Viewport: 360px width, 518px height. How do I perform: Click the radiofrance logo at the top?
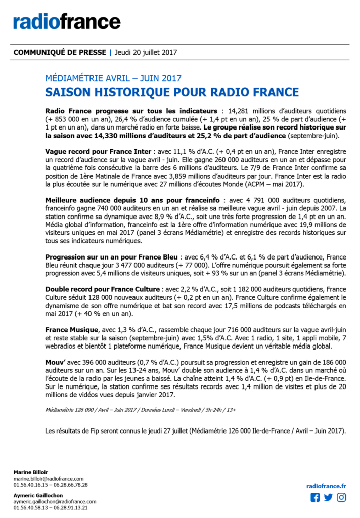[67, 21]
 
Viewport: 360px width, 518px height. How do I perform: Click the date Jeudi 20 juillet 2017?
[146, 52]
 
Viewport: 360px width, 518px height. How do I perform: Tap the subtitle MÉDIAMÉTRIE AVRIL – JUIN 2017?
[113, 78]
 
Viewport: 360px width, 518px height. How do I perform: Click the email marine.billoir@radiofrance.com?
[49, 479]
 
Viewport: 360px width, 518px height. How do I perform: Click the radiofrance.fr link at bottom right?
[327, 486]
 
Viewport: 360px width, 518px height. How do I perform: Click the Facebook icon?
[315, 497]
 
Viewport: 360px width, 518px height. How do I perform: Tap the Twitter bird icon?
[329, 497]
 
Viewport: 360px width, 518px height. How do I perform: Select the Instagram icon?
[342, 497]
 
